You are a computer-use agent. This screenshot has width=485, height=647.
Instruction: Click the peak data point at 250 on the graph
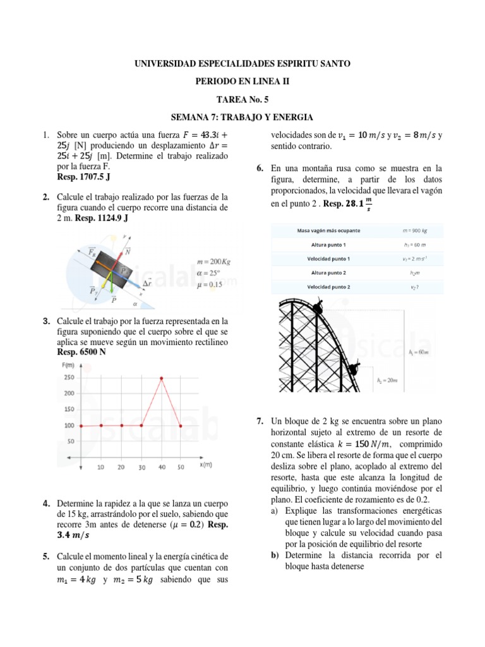[162, 378]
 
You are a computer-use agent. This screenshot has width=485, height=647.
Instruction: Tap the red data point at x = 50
[181, 426]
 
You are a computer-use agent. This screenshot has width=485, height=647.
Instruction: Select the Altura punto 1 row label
[328, 245]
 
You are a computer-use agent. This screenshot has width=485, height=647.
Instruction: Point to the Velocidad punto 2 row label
[328, 287]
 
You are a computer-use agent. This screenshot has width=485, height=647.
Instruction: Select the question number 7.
[260, 421]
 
